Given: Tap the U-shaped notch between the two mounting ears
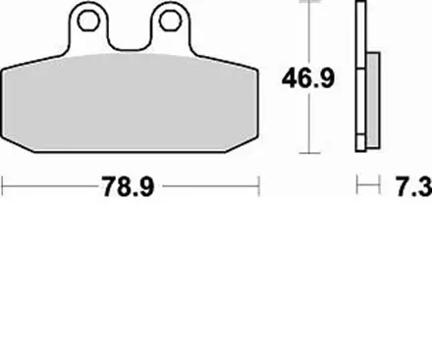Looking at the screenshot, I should point(129,39).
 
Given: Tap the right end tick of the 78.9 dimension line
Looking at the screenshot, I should point(258,182).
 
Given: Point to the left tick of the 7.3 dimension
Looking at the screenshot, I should point(356,182).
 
